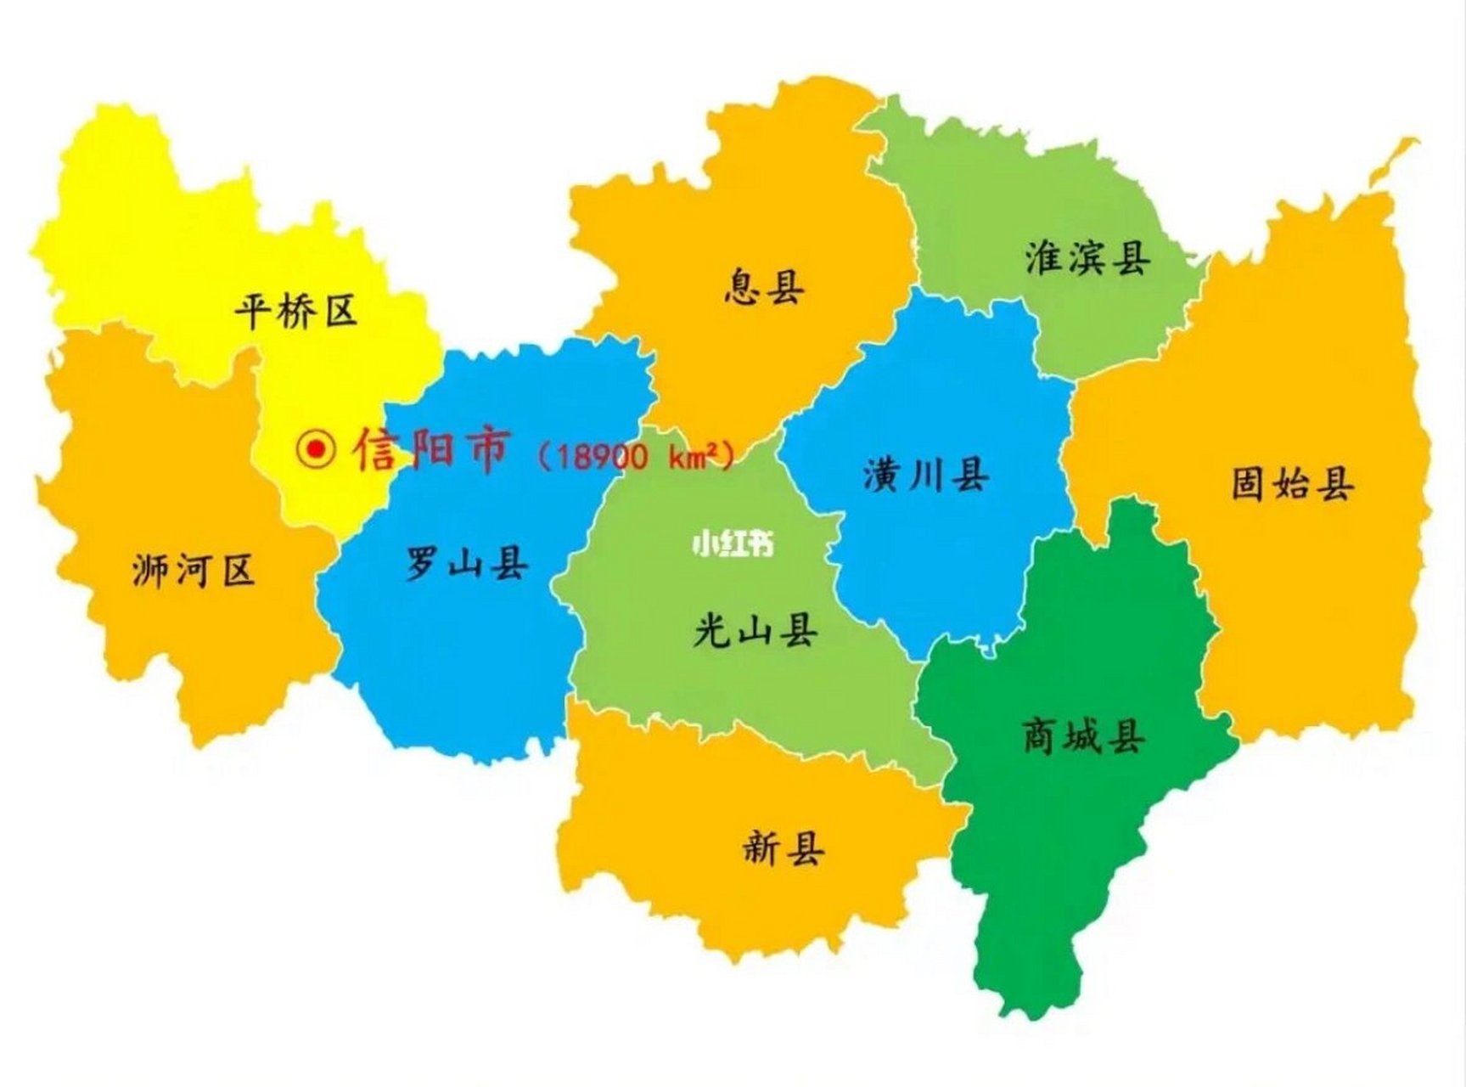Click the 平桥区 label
point(295,311)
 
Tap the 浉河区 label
point(194,570)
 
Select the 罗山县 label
point(466,563)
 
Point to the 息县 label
point(764,287)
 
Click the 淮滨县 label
point(1087,257)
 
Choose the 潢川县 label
point(926,475)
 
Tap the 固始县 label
point(1292,483)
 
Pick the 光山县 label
point(755,630)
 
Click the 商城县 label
point(1083,735)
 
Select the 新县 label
point(783,847)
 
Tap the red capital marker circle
point(317,448)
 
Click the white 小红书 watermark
point(733,543)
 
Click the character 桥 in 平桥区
point(295,311)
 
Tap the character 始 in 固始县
point(1292,483)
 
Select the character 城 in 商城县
point(1083,735)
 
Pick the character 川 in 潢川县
point(926,475)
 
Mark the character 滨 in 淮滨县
point(1087,257)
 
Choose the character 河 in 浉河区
point(194,570)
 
